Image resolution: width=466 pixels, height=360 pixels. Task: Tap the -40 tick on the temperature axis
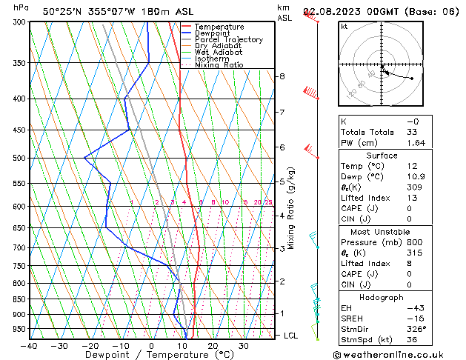point(30,345)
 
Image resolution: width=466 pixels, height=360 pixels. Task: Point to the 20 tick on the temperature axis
point(213,345)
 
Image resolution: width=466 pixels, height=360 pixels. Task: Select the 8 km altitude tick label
point(282,76)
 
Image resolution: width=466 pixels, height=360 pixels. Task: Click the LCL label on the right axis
point(292,336)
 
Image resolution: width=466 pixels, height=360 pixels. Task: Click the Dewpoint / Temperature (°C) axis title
point(151,355)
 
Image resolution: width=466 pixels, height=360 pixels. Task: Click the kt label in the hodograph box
point(344,26)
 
